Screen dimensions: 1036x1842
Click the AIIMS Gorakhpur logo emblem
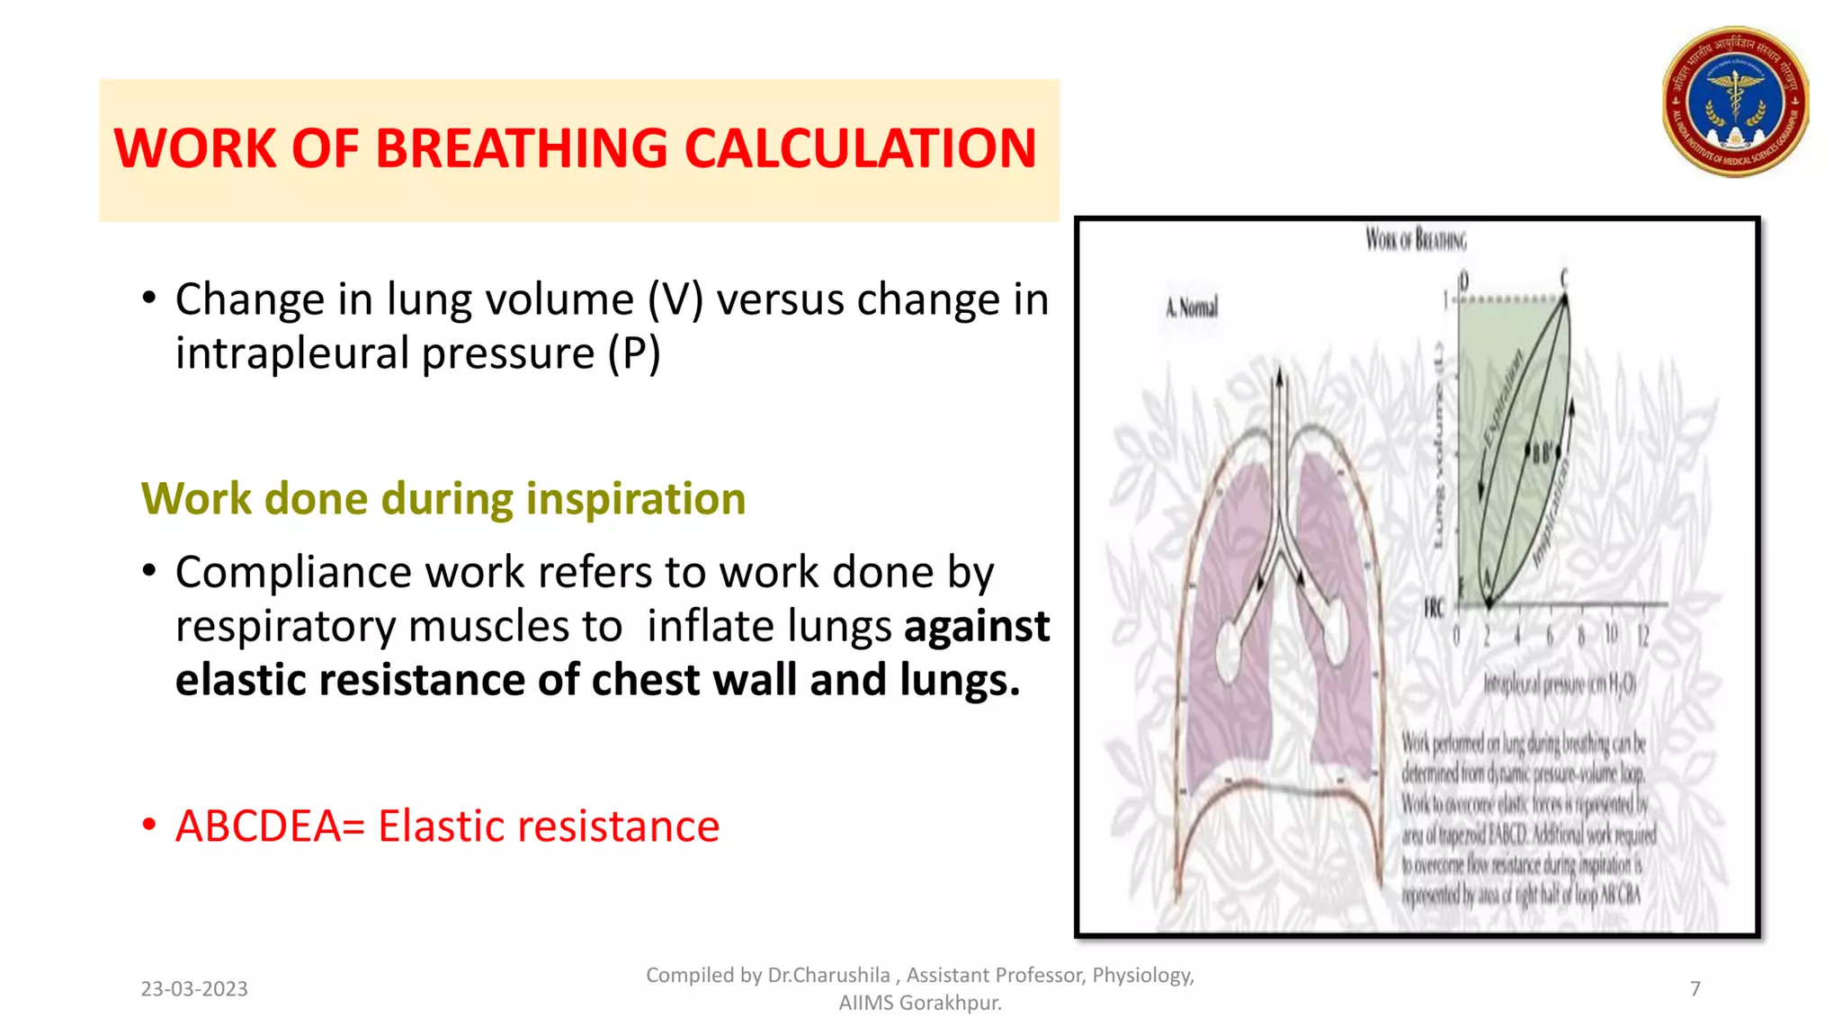click(1735, 102)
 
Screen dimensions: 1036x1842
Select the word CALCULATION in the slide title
click(860, 148)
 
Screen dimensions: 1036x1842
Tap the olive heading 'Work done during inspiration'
click(443, 499)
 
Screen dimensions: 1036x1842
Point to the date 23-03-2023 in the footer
click(194, 989)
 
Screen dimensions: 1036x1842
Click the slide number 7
click(1695, 989)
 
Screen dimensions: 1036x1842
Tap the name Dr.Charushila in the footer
click(828, 976)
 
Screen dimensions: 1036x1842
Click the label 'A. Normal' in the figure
click(1192, 308)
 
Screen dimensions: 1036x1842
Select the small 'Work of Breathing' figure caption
click(1416, 240)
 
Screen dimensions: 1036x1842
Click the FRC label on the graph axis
click(1434, 609)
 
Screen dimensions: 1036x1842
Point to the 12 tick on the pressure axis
click(1642, 636)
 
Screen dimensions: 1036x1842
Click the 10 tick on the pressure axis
click(1611, 636)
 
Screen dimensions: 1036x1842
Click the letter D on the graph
click(1463, 281)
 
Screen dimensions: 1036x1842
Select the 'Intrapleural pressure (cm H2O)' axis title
click(1560, 685)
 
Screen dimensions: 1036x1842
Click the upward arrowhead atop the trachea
click(1278, 380)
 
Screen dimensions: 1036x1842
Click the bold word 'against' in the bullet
click(977, 627)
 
